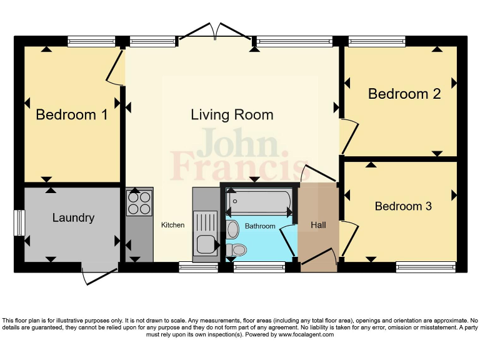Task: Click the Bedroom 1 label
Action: [72, 115]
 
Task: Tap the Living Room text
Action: [232, 115]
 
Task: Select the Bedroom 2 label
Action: [404, 94]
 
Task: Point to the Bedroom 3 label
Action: [403, 206]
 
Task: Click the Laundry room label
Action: [73, 217]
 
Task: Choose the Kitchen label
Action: [173, 225]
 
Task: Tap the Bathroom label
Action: [259, 226]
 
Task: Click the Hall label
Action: [318, 225]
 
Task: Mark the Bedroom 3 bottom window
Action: [425, 267]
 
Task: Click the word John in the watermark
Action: [237, 143]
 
